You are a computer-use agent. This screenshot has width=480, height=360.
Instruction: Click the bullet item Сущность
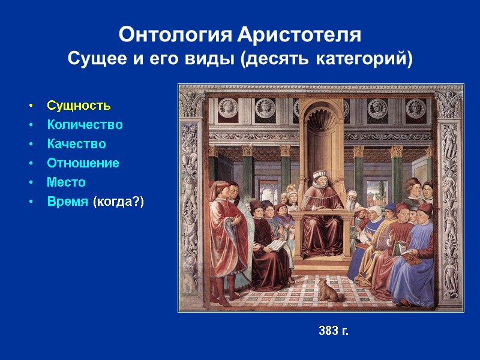(x=79, y=106)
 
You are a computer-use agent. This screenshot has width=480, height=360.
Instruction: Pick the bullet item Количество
(x=85, y=125)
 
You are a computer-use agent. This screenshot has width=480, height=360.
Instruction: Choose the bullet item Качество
(x=76, y=144)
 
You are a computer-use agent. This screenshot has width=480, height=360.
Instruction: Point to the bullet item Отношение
(x=83, y=163)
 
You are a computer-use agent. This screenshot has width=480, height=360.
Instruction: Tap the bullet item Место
(x=66, y=182)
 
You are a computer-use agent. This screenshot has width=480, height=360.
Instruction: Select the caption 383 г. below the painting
(x=333, y=331)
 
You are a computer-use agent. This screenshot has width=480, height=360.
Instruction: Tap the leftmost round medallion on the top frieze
(x=227, y=107)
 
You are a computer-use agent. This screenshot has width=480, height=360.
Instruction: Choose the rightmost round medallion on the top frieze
(x=415, y=107)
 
